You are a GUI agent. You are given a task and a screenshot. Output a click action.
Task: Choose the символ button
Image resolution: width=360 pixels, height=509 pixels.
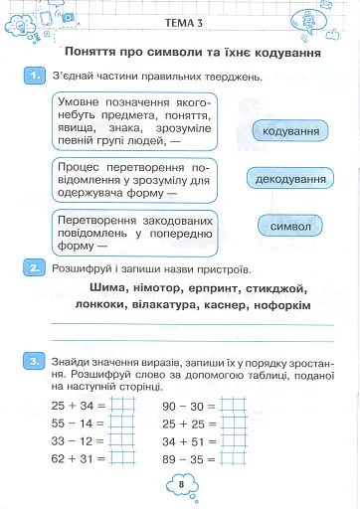coord(290,227)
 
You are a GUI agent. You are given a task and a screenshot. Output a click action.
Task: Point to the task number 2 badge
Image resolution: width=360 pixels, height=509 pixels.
coord(35,267)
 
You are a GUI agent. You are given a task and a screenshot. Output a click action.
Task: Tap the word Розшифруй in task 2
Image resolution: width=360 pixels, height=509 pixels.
coord(87,268)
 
